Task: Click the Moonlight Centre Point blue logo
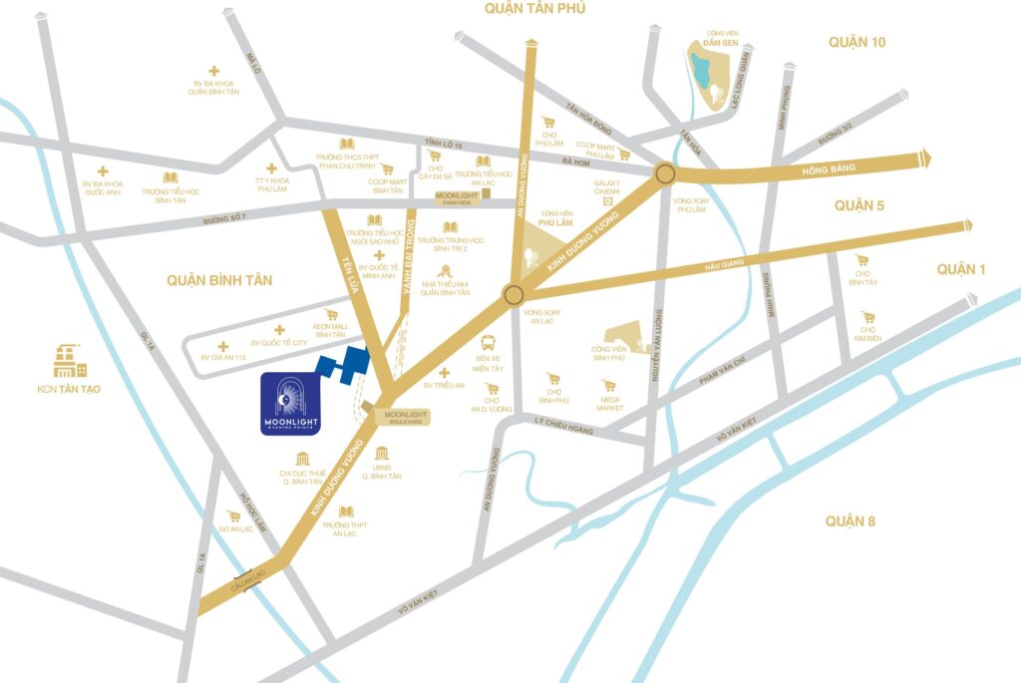290,405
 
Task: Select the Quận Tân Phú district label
534,9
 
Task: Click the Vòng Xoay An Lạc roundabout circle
513,294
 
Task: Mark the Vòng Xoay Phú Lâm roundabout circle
665,175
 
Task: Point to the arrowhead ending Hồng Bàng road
927,157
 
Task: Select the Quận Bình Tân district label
219,280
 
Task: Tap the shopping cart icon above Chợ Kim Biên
867,316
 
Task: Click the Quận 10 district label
856,42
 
